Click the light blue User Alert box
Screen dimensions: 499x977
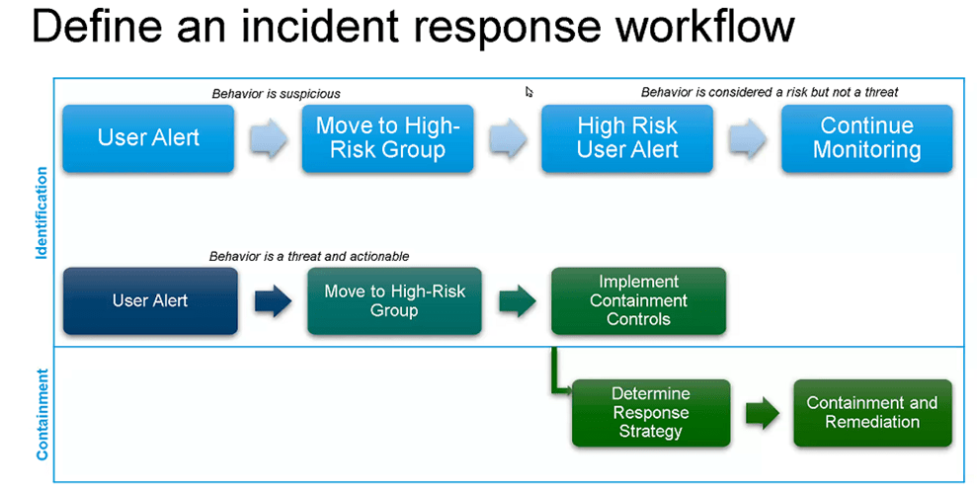tap(149, 138)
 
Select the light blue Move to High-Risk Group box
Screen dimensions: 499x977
tap(387, 138)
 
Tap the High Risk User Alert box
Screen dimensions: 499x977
tap(627, 138)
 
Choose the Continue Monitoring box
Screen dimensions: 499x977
tap(866, 138)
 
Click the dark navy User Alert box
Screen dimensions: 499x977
tap(150, 300)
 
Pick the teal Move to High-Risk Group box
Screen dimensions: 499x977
tap(394, 300)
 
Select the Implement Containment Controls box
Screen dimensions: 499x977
tap(638, 300)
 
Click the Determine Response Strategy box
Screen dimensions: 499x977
tap(651, 412)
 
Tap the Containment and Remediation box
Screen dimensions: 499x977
tap(872, 412)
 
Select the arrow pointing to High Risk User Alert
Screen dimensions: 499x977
tap(508, 138)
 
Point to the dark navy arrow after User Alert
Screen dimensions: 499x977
tap(273, 301)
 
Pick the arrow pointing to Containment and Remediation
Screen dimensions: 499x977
tap(762, 413)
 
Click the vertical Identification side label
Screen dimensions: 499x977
tap(41, 211)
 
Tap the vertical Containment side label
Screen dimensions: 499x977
tap(41, 415)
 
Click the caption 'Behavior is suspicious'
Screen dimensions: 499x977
tap(276, 94)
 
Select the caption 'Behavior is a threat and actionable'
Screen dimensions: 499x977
tap(309, 256)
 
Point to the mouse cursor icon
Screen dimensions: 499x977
tap(529, 92)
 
